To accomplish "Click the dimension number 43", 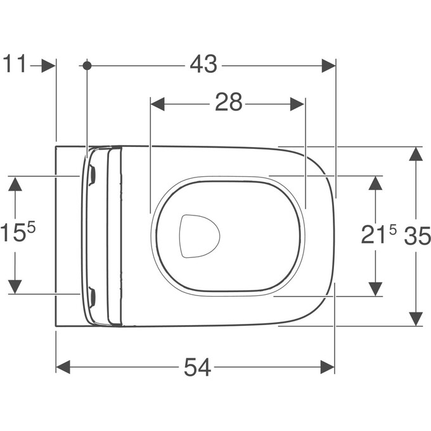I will tap(203, 65).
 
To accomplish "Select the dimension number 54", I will tap(197, 367).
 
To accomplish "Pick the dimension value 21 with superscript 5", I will tap(378, 235).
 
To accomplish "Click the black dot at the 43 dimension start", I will tap(87, 65).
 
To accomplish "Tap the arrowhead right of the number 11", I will tap(48, 65).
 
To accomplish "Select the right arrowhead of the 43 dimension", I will tap(328, 65).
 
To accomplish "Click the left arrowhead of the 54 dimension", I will tap(63, 367).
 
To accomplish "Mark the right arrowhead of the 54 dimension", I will tap(328, 367).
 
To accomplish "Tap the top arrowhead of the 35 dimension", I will tap(416, 154).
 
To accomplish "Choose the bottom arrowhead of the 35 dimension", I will tap(416, 319).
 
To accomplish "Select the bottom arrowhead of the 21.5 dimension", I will tap(376, 288).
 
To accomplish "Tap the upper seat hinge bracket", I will tap(93, 174).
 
